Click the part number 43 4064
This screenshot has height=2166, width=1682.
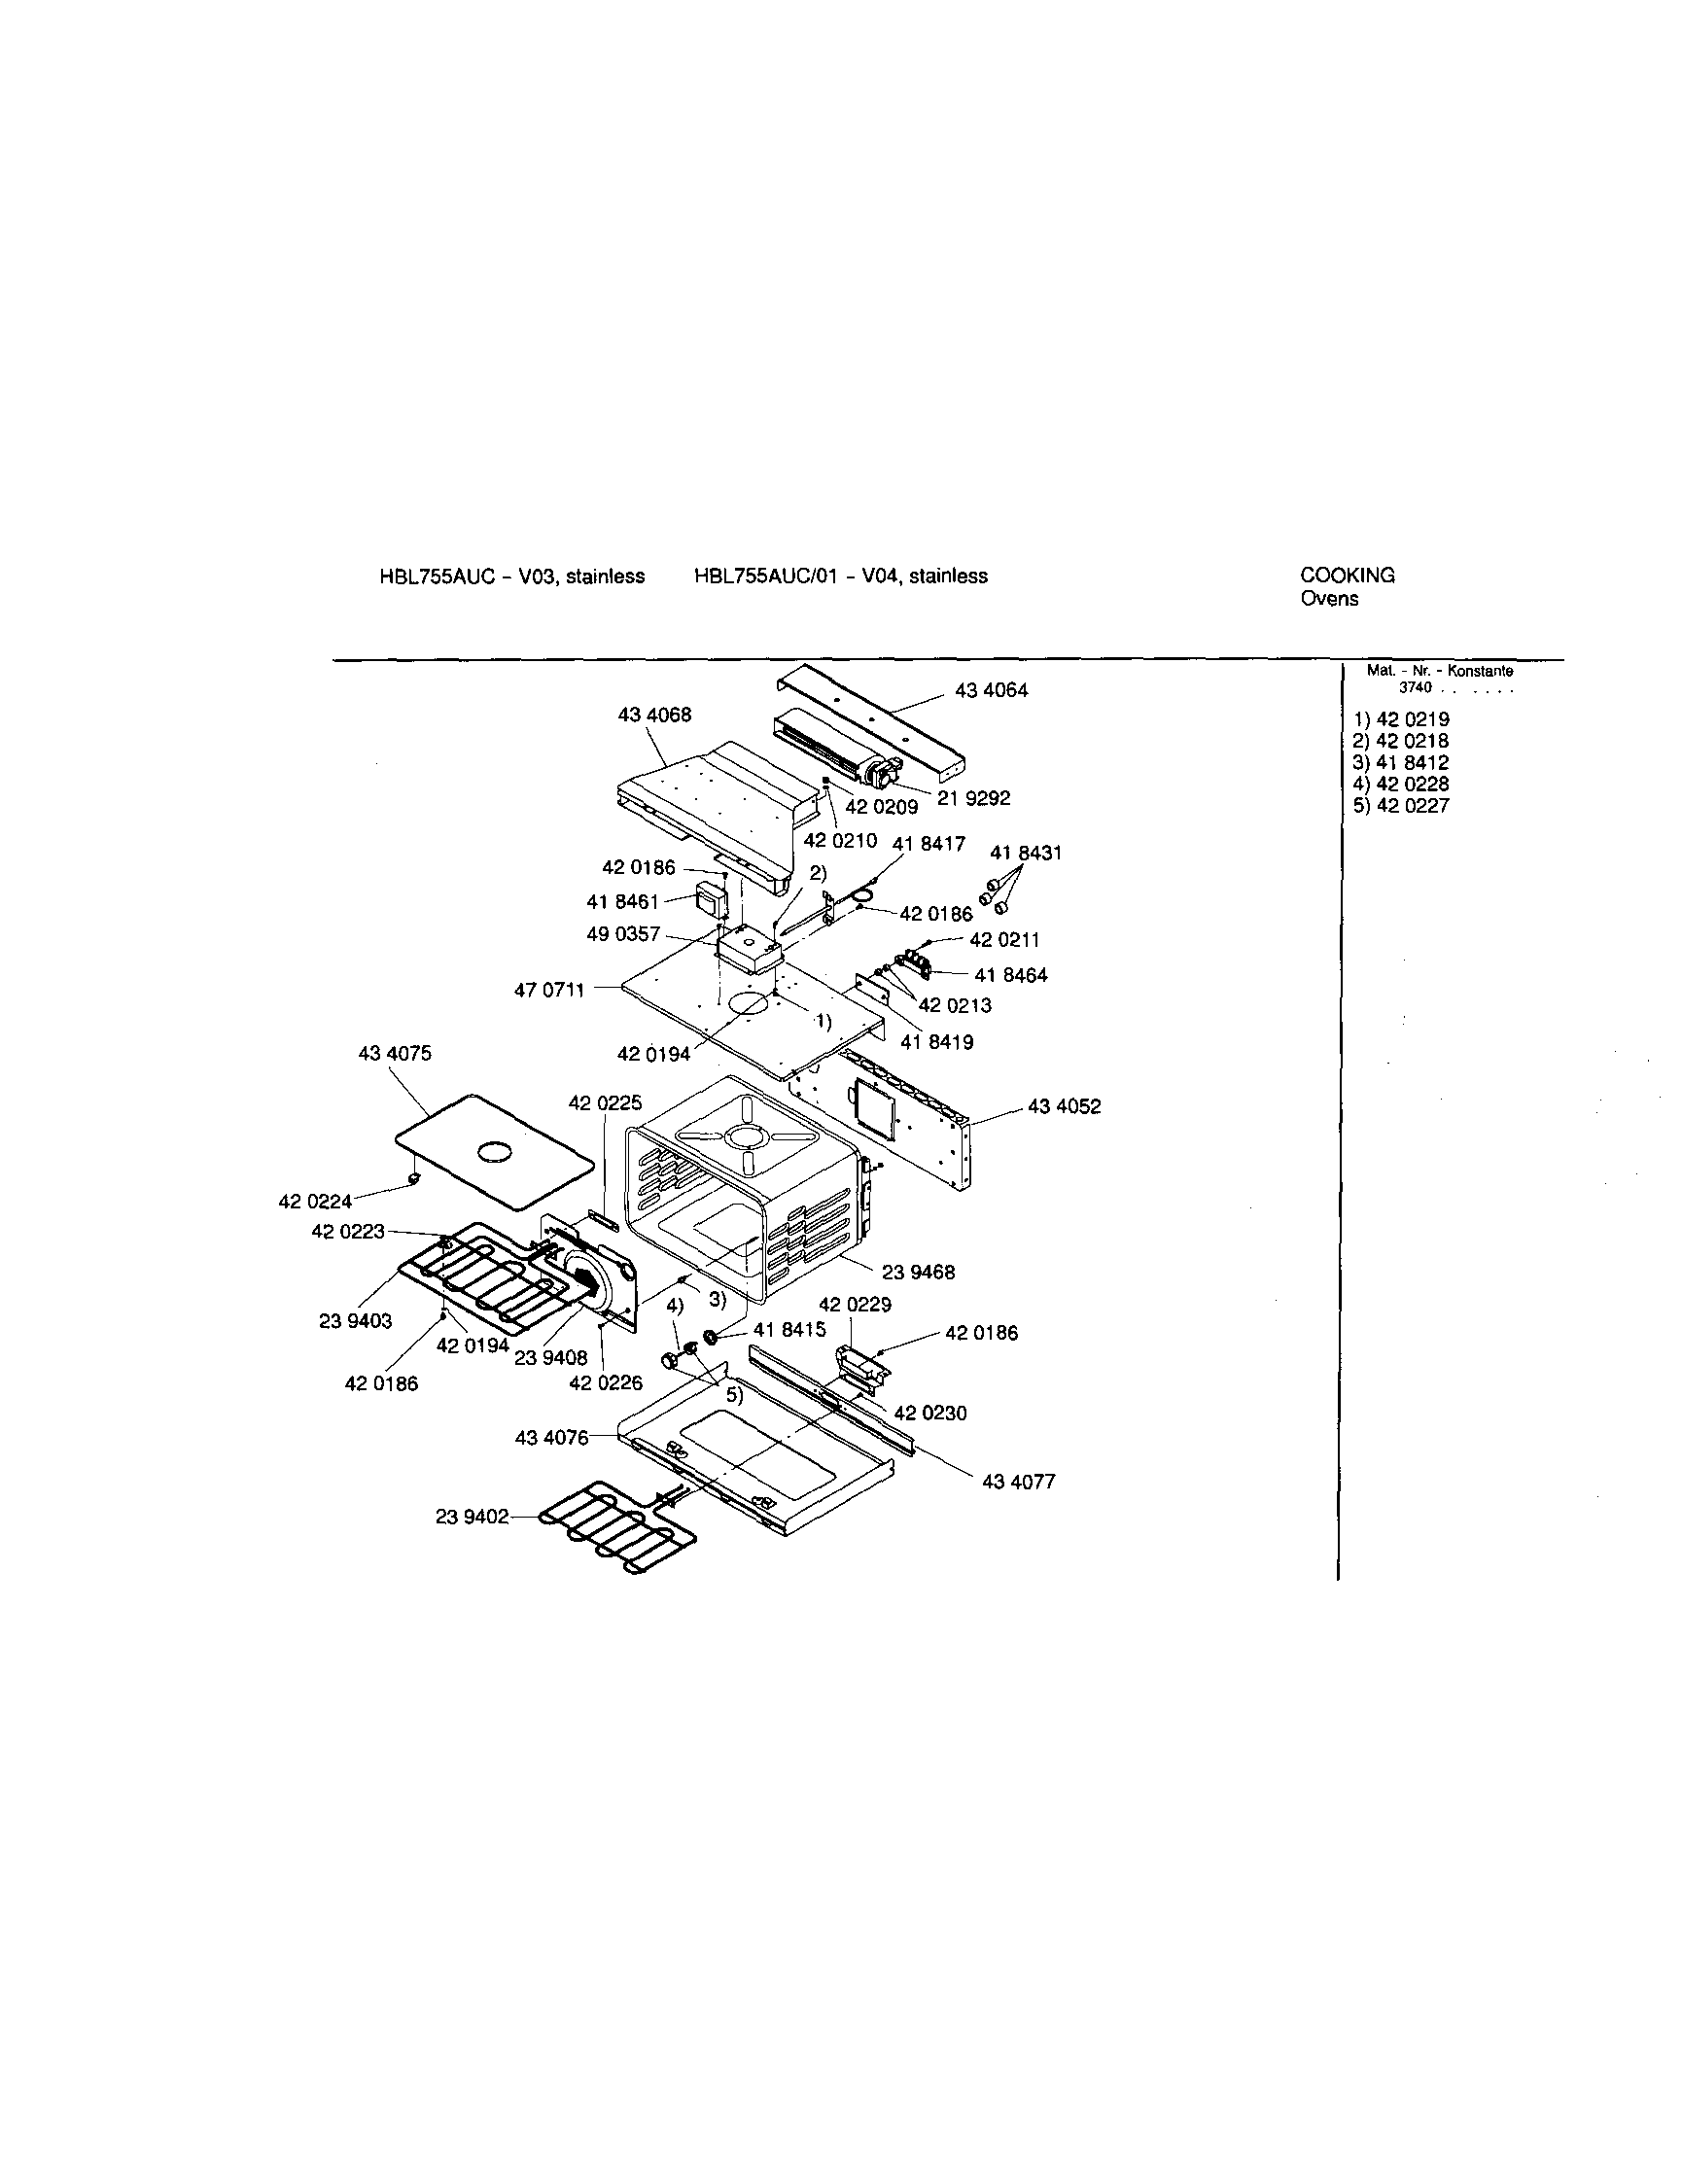pos(991,690)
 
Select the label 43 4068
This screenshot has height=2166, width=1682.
pos(654,716)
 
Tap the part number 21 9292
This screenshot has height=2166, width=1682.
pos(974,798)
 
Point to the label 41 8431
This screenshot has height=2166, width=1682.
pos(1026,853)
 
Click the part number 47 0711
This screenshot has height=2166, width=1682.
pos(549,990)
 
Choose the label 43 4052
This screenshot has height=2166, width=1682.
pos(1065,1106)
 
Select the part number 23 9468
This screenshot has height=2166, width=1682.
pos(919,1273)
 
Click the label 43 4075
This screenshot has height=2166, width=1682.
pos(395,1053)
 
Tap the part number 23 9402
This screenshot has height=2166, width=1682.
pos(473,1517)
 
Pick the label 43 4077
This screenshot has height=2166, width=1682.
pos(1019,1482)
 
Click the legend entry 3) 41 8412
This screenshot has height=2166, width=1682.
pos(1400,762)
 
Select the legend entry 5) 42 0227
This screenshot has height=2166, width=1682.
pos(1400,806)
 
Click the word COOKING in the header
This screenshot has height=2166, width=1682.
pos(1347,576)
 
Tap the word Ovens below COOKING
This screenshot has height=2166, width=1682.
pos(1329,599)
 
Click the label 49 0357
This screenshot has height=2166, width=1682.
pos(623,935)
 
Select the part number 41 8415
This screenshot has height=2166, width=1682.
pos(789,1330)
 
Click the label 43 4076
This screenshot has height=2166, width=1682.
pos(551,1438)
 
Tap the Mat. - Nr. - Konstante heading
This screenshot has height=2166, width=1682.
pos(1439,672)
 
